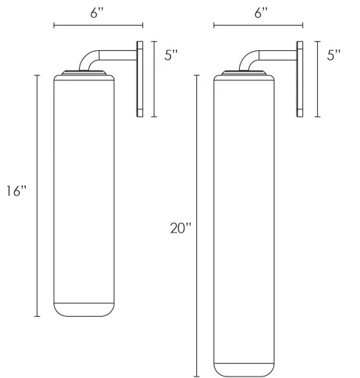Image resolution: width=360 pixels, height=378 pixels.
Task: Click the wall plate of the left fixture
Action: (x=141, y=78)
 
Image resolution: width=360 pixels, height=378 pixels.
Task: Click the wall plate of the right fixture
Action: (x=300, y=78)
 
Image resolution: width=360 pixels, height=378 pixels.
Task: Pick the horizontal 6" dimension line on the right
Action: (x=258, y=27)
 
